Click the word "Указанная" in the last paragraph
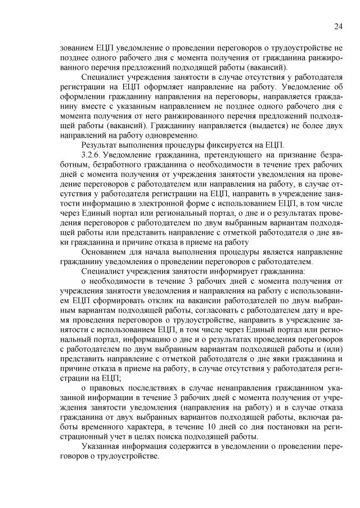point(102,446)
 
